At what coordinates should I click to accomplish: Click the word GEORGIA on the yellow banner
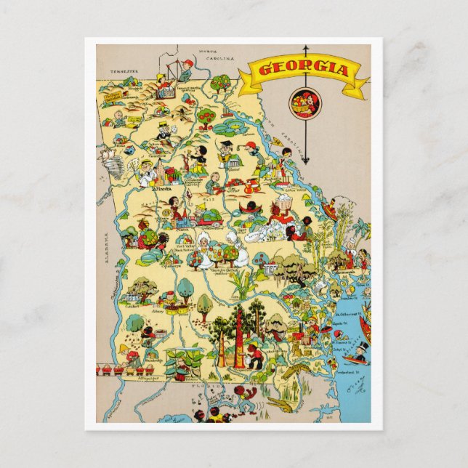(x=304, y=70)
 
